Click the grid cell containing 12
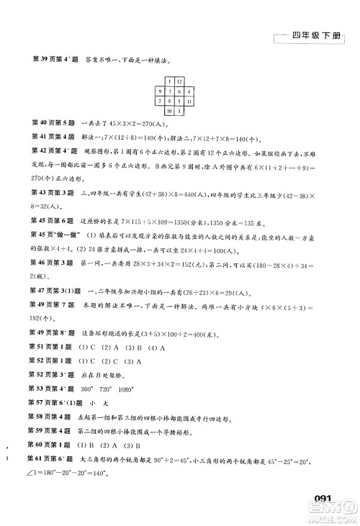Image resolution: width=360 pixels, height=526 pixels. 179,81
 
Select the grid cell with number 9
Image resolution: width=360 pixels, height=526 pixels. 168,91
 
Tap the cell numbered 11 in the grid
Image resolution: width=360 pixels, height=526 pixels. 189,102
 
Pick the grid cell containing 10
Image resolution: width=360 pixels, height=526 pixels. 168,112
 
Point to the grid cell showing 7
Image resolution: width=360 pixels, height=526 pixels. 179,91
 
